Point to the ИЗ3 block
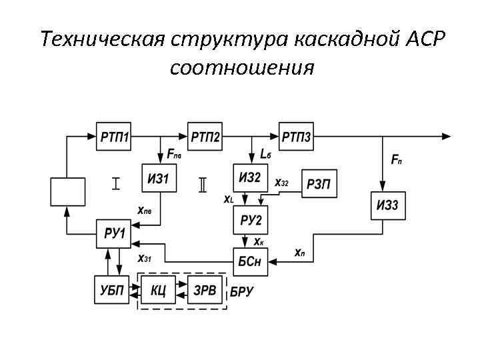click(387, 205)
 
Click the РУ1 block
click(115, 233)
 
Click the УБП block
click(110, 290)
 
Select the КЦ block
click(159, 290)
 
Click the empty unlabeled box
click(68, 191)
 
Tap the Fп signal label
click(396, 160)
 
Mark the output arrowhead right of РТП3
click(445, 136)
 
